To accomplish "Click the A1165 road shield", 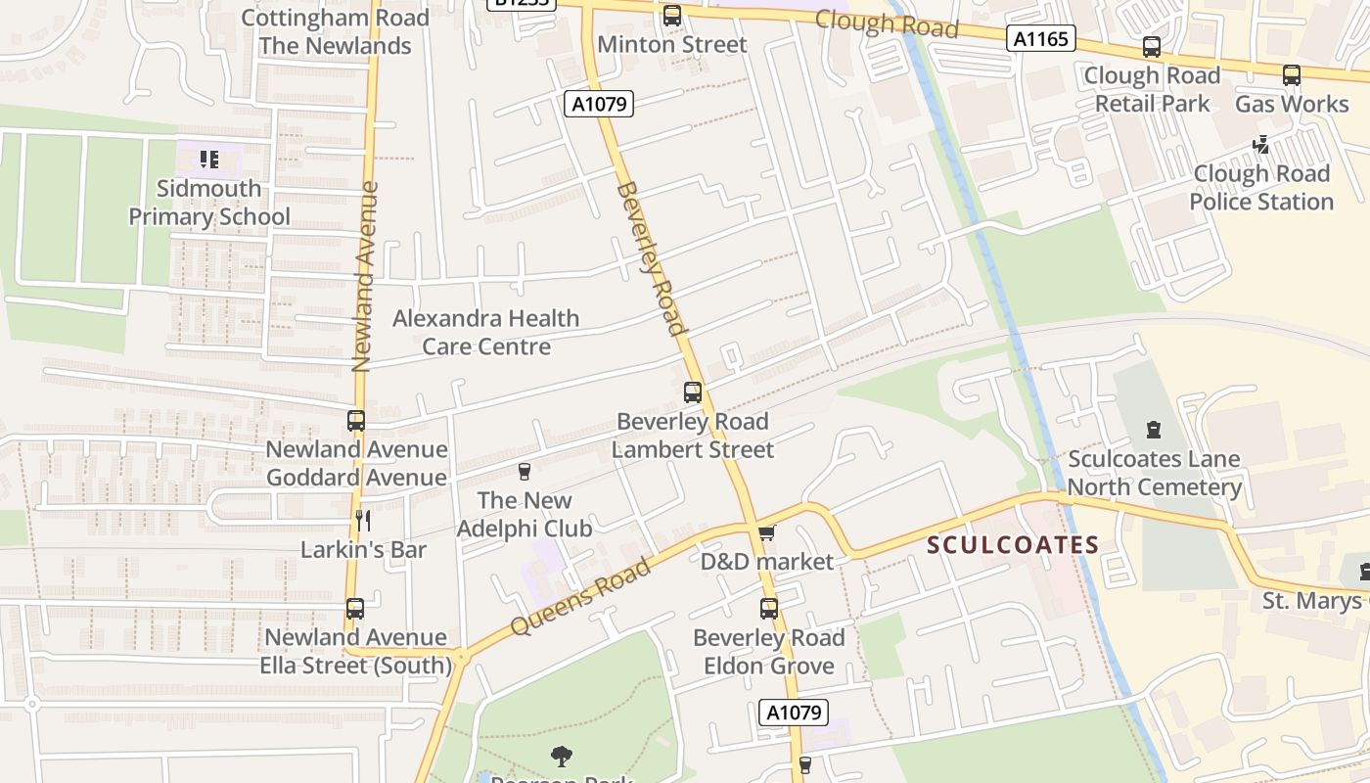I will click(x=1041, y=39).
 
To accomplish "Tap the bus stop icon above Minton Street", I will click(x=671, y=16).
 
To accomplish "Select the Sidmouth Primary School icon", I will click(x=208, y=159).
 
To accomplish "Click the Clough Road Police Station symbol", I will click(x=1261, y=145).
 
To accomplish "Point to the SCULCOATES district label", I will click(x=1013, y=545).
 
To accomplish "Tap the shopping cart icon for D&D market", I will click(x=766, y=533).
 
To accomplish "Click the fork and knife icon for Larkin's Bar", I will click(x=363, y=521).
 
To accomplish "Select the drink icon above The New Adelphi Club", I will click(x=525, y=472).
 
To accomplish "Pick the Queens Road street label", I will click(x=580, y=596).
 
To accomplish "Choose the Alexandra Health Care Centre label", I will click(x=485, y=332).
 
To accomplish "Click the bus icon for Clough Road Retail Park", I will click(x=1152, y=47).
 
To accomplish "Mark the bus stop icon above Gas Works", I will click(x=1291, y=75).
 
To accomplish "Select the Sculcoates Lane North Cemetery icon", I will click(x=1154, y=430).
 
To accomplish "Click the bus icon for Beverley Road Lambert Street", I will click(x=693, y=392).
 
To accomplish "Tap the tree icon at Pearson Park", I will click(x=562, y=756).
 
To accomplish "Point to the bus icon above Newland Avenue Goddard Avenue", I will click(x=356, y=421).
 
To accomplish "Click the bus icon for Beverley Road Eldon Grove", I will click(x=769, y=609).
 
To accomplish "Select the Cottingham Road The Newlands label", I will click(x=335, y=31).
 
